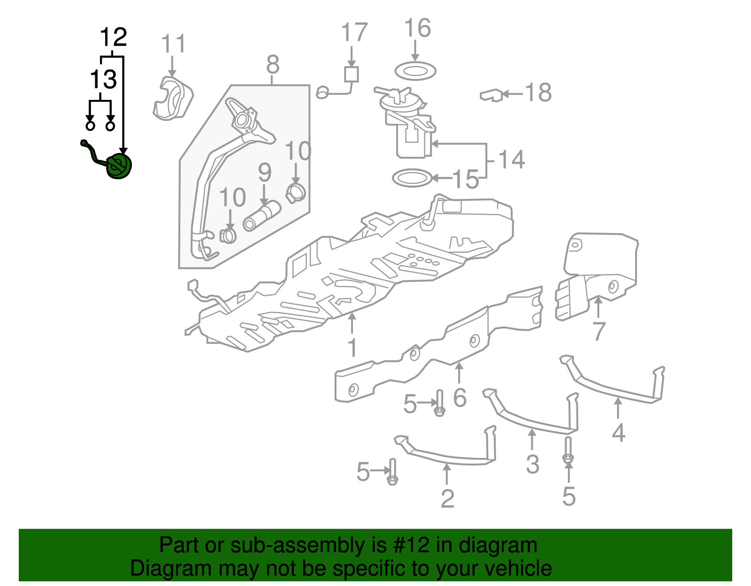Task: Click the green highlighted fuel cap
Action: [119, 167]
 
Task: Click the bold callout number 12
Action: [114, 37]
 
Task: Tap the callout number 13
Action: [103, 79]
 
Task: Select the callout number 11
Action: [173, 44]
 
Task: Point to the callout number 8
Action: [273, 64]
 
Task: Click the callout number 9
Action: [265, 172]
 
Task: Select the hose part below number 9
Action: [261, 216]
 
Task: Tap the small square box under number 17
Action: [351, 75]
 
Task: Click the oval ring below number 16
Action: [415, 71]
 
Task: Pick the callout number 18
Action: [538, 92]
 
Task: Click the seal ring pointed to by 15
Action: [412, 178]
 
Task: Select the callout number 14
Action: [511, 160]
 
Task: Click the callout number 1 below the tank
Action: [352, 348]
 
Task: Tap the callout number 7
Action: [598, 332]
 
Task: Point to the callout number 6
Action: [460, 397]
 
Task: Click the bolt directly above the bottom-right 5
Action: [568, 450]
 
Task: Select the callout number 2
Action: [447, 498]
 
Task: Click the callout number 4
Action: [619, 432]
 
